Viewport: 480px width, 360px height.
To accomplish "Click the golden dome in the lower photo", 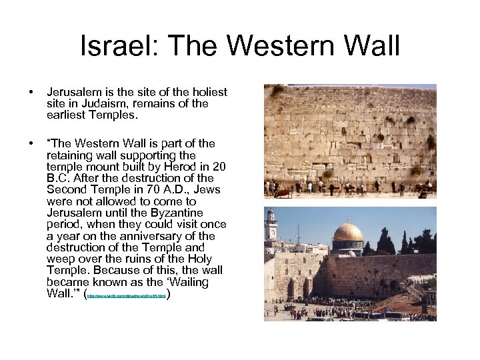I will (348, 233).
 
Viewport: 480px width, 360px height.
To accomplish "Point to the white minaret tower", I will (271, 227).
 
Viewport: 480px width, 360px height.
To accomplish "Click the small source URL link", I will (128, 294).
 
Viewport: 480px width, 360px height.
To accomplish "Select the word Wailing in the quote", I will (187, 282).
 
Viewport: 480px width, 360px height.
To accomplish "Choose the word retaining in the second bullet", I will (71, 155).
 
